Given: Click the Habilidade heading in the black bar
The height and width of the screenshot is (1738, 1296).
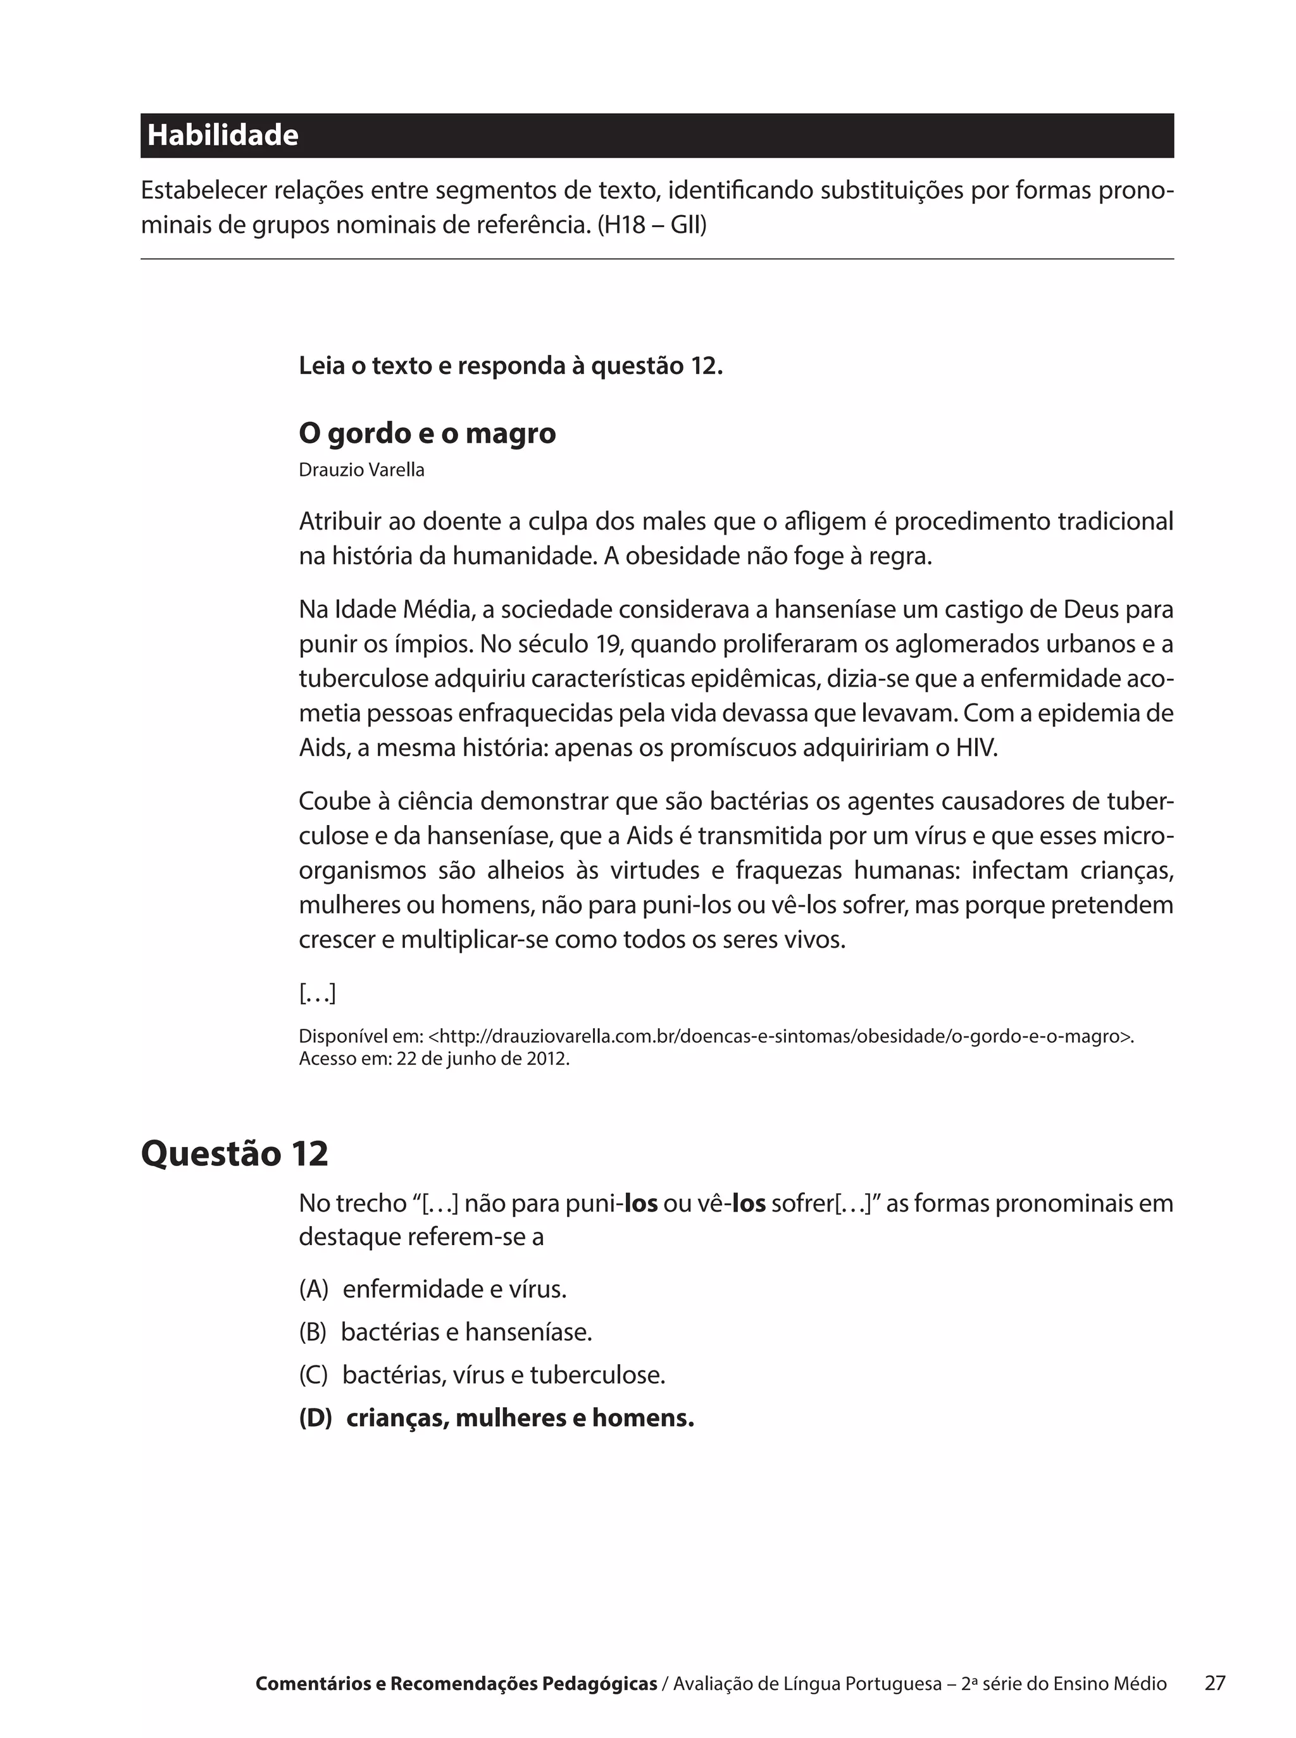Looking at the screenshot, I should [x=223, y=135].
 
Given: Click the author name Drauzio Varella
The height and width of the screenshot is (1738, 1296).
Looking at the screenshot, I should [x=362, y=470].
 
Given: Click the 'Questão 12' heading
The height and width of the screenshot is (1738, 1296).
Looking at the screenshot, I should [x=235, y=1153].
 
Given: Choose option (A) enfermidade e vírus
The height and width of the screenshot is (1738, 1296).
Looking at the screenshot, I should [x=432, y=1289].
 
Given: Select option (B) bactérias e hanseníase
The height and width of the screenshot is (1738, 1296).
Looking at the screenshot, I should [x=445, y=1332].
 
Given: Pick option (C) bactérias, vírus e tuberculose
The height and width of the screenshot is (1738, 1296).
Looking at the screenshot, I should [x=482, y=1375].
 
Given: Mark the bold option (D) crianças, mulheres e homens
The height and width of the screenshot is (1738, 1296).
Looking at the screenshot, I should [x=497, y=1418].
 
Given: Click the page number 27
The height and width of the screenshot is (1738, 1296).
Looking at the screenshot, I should [x=1214, y=1683].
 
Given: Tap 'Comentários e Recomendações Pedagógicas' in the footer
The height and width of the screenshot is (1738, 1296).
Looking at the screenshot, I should [x=456, y=1684].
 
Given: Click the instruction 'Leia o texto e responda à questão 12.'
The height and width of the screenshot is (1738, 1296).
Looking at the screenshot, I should [x=511, y=366].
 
